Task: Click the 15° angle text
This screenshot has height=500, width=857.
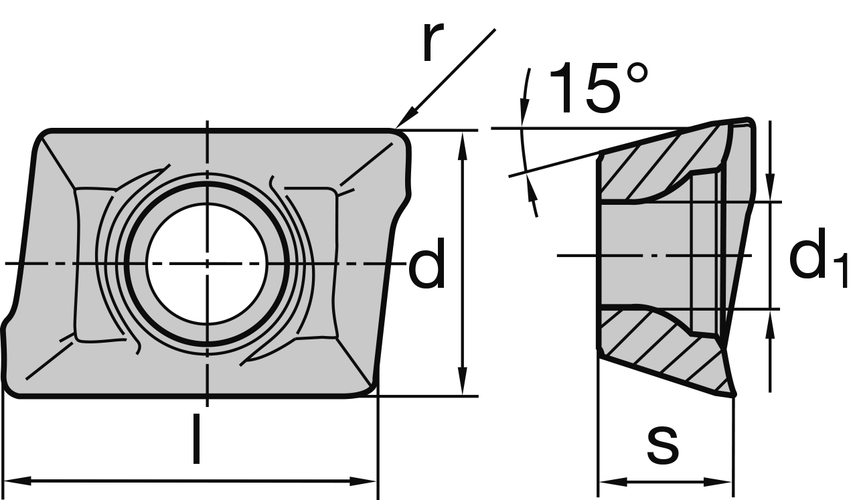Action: pyautogui.click(x=598, y=88)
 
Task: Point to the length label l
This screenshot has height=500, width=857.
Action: pyautogui.click(x=196, y=439)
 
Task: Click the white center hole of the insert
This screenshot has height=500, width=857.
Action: pyautogui.click(x=207, y=264)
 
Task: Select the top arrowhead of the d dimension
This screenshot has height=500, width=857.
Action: pyautogui.click(x=462, y=144)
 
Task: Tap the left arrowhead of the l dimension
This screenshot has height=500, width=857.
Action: pyautogui.click(x=17, y=481)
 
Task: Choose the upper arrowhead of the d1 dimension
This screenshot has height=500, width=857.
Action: pyautogui.click(x=770, y=187)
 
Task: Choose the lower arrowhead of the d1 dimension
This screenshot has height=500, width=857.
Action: pyautogui.click(x=770, y=325)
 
